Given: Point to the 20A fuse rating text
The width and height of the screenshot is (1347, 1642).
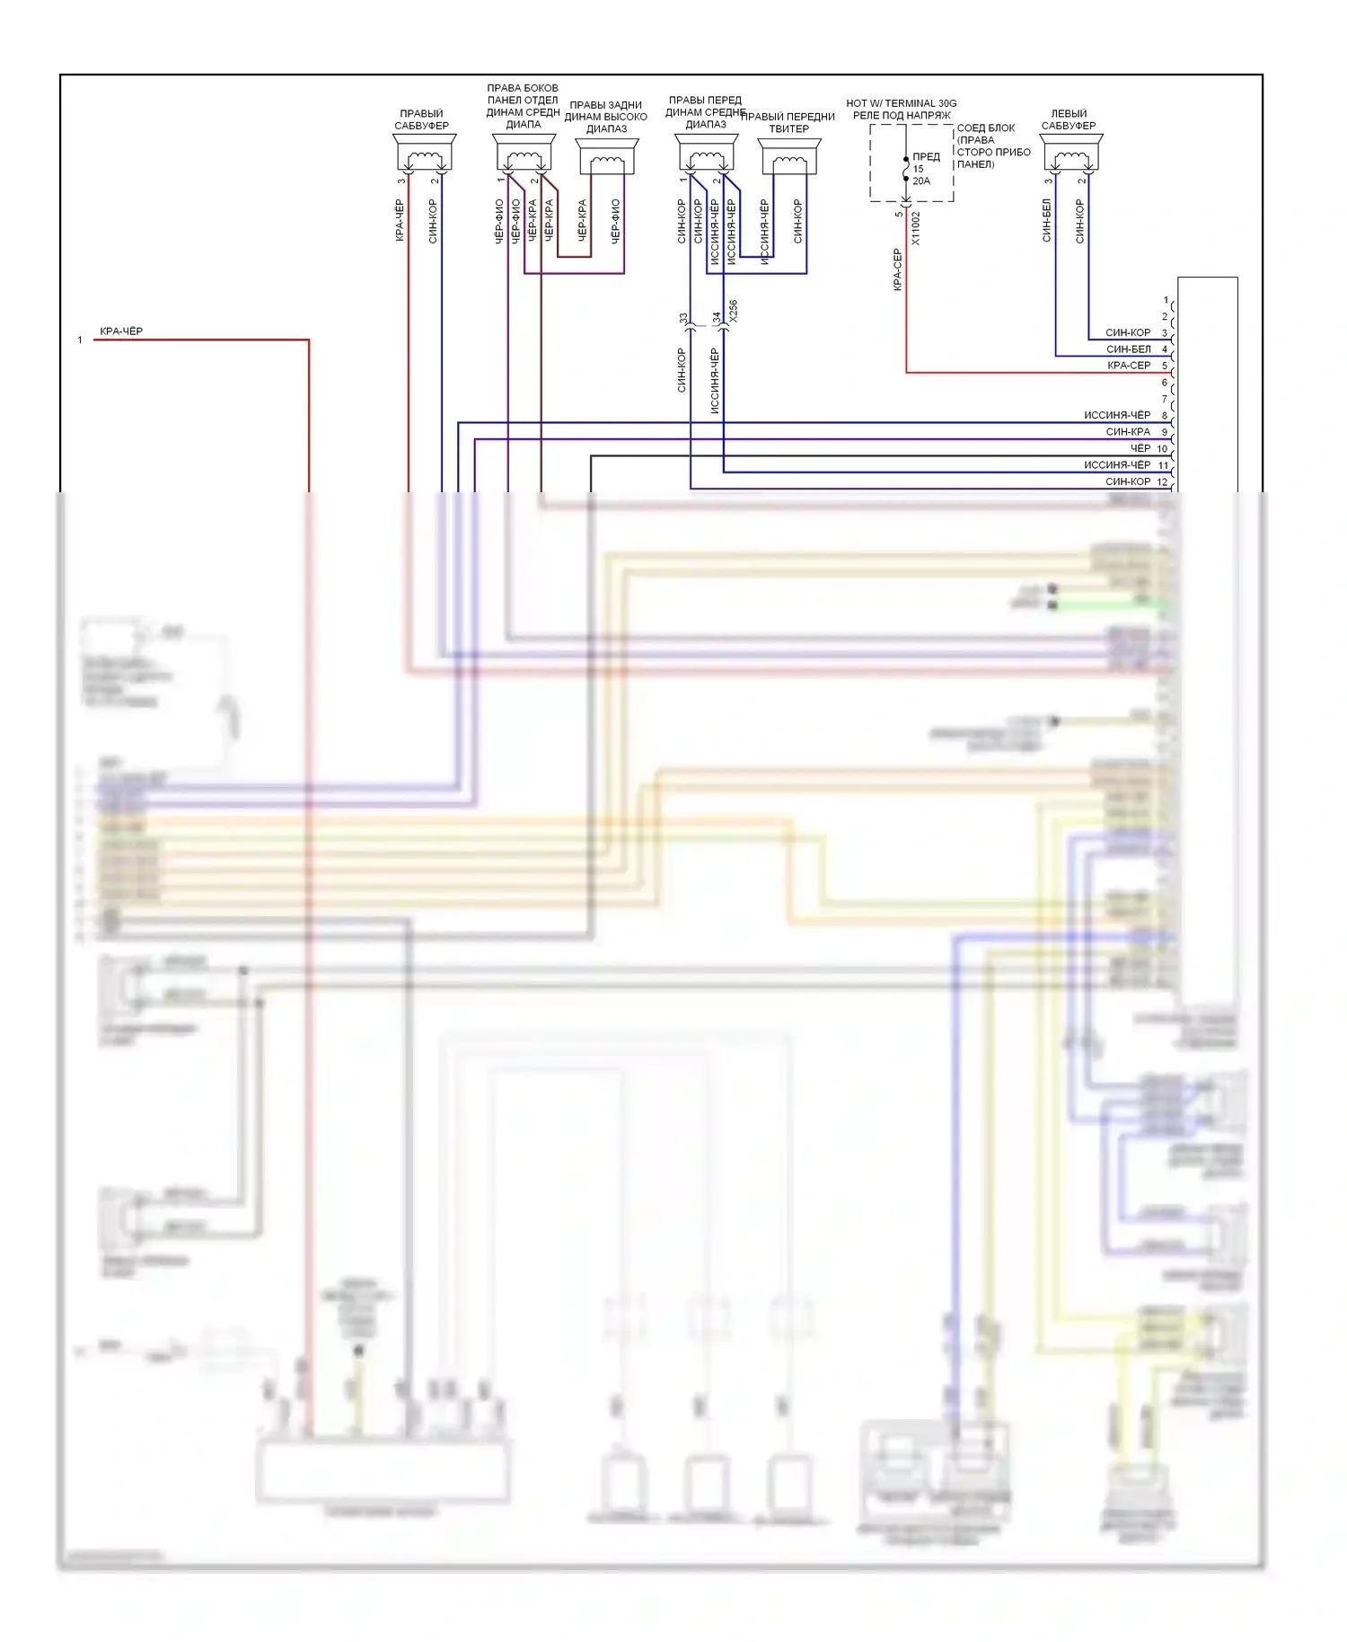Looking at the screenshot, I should [x=921, y=181].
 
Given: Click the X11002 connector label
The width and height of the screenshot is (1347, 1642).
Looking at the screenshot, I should [x=916, y=228].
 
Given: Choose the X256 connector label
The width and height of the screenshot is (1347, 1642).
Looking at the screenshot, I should [x=733, y=312].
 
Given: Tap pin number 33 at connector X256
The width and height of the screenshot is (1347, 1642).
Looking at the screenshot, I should [x=683, y=319].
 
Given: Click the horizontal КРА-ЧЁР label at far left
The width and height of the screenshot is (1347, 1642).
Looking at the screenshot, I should [x=121, y=331].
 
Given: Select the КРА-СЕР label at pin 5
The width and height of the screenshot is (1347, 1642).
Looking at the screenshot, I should [x=1129, y=366].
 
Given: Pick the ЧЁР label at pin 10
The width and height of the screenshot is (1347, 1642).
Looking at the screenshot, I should [x=1140, y=448].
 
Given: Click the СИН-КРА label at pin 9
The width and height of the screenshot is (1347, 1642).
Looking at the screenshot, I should [x=1128, y=432].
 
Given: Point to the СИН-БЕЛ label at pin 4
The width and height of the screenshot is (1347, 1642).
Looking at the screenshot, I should [x=1128, y=349].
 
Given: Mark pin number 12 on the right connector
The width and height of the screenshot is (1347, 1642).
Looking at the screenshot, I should [x=1162, y=482].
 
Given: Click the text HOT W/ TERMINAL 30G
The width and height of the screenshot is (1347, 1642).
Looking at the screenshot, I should [x=901, y=103].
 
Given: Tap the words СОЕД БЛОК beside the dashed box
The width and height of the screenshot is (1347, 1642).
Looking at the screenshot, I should [x=985, y=128].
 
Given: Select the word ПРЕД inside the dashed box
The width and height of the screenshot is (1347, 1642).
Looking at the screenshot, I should [x=926, y=157].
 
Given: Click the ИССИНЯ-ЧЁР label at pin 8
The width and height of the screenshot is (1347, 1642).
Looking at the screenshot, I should [x=1116, y=416].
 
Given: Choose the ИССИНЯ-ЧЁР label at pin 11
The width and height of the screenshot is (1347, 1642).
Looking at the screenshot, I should [x=1116, y=465].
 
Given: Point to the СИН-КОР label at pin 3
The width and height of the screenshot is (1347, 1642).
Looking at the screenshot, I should [x=1128, y=333].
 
